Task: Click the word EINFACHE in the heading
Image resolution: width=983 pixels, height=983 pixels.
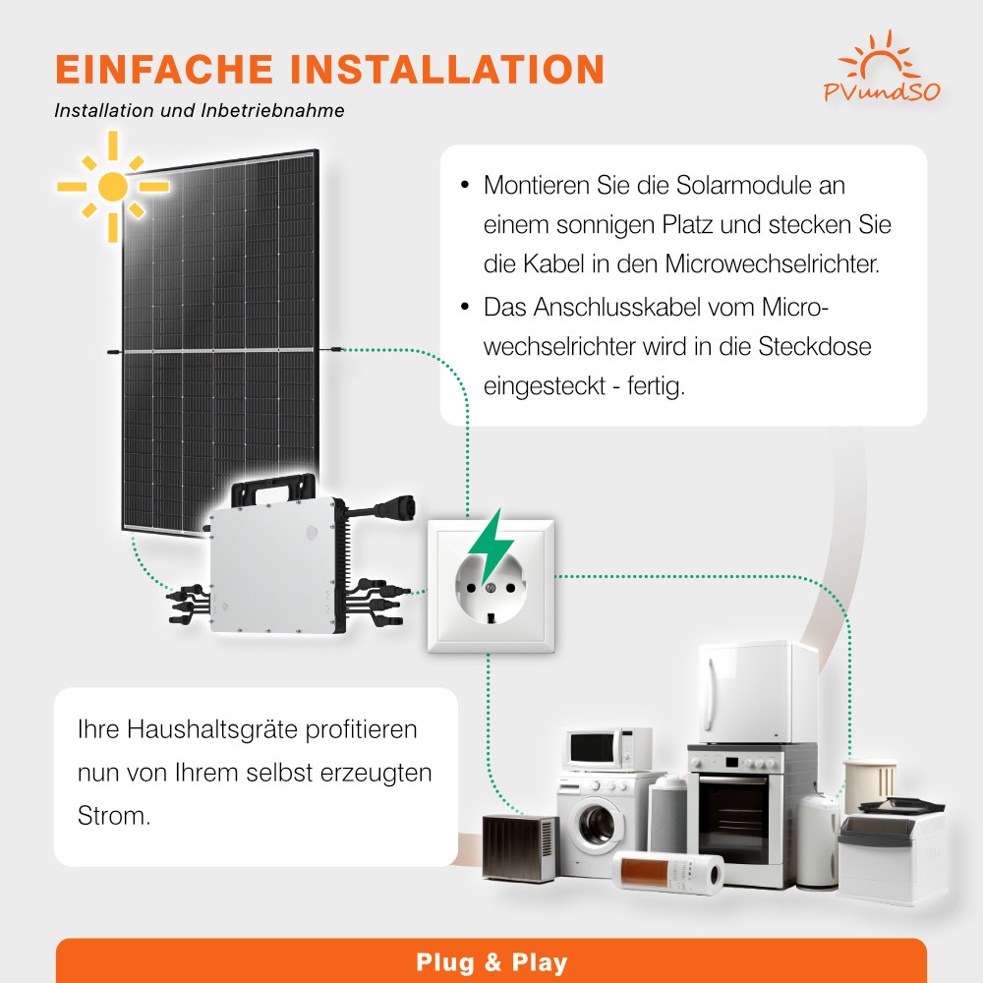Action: pos(164,69)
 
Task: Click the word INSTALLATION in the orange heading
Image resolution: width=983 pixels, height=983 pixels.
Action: pos(447,69)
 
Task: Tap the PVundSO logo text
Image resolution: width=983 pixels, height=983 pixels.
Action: pos(882,92)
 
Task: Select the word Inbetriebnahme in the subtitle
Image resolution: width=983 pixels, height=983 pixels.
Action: pos(272,110)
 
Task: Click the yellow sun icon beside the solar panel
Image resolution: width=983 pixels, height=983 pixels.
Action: pos(113,186)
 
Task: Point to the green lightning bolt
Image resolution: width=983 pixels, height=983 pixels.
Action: pos(492,546)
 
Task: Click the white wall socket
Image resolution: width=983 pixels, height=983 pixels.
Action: pos(491,586)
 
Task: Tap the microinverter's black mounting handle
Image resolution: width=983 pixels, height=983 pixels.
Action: pos(274,489)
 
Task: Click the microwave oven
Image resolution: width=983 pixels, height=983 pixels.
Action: pos(607,748)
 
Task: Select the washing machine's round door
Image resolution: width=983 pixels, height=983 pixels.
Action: pos(597,824)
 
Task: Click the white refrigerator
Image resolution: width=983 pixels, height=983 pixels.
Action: pos(758,692)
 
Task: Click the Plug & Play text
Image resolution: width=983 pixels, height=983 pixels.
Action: pos(491,962)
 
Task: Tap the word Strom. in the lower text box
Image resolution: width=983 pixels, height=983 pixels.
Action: pos(114,816)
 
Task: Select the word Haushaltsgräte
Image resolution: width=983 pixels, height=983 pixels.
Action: pos(212,729)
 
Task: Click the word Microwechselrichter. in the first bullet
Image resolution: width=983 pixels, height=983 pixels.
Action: pos(773,263)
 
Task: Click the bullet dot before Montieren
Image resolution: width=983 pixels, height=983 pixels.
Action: pos(465,185)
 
